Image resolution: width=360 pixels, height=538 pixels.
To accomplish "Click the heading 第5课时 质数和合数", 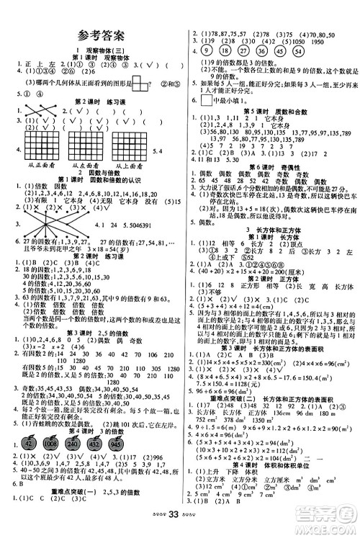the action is coord(267,112).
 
